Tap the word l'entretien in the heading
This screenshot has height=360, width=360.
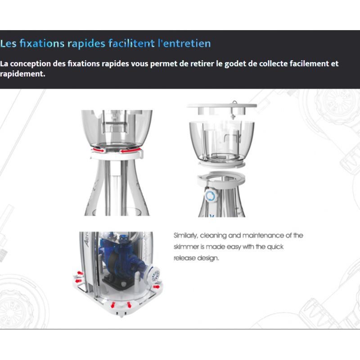click(x=184, y=43)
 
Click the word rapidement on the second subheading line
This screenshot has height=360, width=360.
click(x=22, y=74)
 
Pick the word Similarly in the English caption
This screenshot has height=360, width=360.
click(x=185, y=236)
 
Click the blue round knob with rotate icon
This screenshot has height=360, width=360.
click(x=211, y=196)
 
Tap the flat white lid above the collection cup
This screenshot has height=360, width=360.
click(x=222, y=106)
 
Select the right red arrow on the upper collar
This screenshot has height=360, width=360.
click(x=130, y=150)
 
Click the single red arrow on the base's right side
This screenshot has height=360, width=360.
click(x=156, y=287)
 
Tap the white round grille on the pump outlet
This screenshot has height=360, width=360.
click(x=155, y=274)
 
